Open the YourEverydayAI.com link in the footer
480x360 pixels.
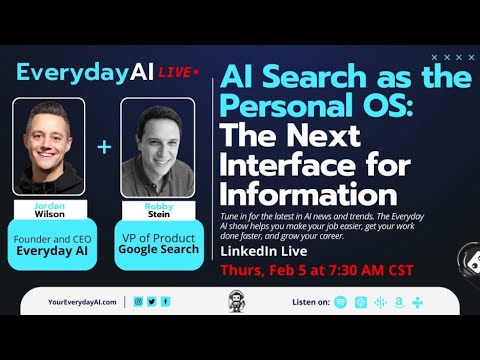pyautogui.click(x=82, y=301)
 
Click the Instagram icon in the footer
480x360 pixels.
pyautogui.click(x=138, y=301)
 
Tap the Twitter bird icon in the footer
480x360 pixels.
pyautogui.click(x=151, y=301)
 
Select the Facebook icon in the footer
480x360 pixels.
pyautogui.click(x=165, y=301)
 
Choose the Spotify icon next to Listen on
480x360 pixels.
pyautogui.click(x=341, y=301)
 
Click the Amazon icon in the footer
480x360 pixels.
pyautogui.click(x=398, y=301)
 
